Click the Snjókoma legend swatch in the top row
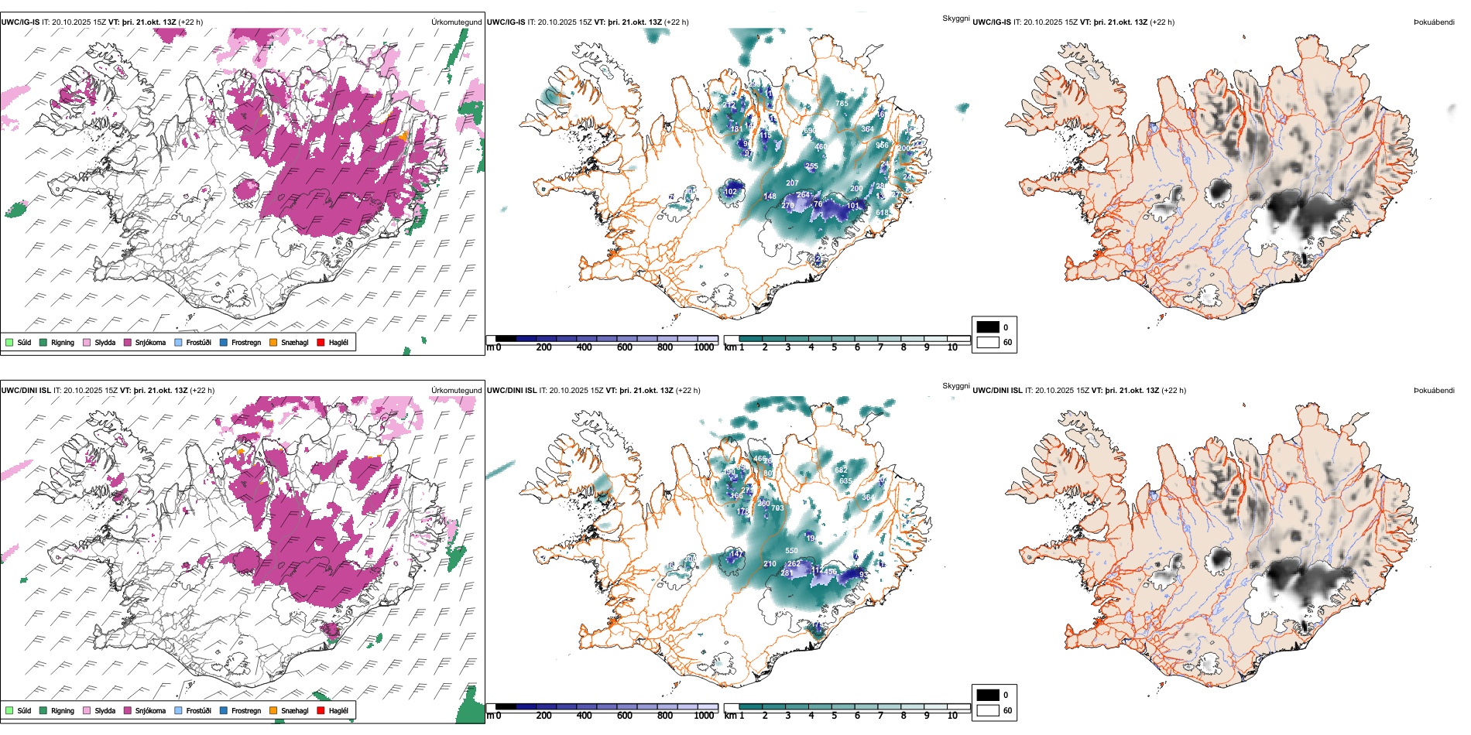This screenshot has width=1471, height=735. [x=128, y=342]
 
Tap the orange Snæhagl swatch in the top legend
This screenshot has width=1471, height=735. [x=273, y=342]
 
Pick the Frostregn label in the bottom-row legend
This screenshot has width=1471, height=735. [x=245, y=710]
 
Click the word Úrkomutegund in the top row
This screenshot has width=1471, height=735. [x=456, y=22]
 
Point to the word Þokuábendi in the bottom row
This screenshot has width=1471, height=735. [x=1434, y=391]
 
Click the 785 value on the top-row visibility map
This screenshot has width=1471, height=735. [x=842, y=103]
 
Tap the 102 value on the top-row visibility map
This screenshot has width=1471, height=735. [x=731, y=192]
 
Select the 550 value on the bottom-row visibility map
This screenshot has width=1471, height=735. [x=791, y=551]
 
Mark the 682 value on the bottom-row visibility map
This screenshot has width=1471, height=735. [x=841, y=470]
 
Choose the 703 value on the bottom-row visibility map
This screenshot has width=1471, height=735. [x=777, y=508]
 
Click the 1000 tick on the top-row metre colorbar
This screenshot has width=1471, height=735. [x=704, y=348]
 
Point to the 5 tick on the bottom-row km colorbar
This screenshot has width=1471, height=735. [x=834, y=716]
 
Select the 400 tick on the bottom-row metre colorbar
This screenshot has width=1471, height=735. [x=584, y=716]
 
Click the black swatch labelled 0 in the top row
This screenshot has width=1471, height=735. [x=988, y=327]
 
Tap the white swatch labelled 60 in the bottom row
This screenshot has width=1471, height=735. [x=988, y=710]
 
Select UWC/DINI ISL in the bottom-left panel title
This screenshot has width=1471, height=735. [x=26, y=391]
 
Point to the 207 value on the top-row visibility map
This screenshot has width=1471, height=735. [x=792, y=183]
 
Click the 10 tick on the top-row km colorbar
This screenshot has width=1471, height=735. [x=952, y=348]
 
